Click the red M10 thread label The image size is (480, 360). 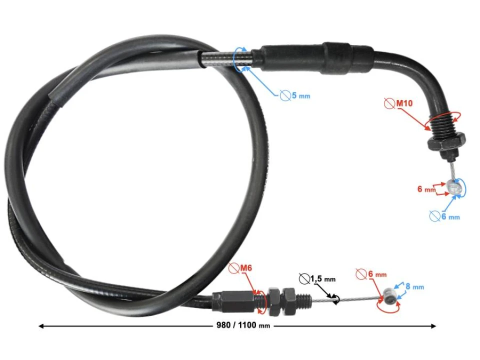pos(404,103)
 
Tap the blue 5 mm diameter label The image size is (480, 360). pos(300,95)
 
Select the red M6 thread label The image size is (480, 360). pos(245,268)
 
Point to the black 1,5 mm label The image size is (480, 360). pos(323,278)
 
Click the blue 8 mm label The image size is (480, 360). pos(414,287)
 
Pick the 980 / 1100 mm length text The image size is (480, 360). pos(243,325)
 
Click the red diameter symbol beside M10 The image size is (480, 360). pos(389,103)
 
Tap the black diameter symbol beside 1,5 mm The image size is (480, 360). pos(304,278)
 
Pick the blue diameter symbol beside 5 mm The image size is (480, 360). pos(285,95)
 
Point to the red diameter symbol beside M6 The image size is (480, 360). pos(233,268)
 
